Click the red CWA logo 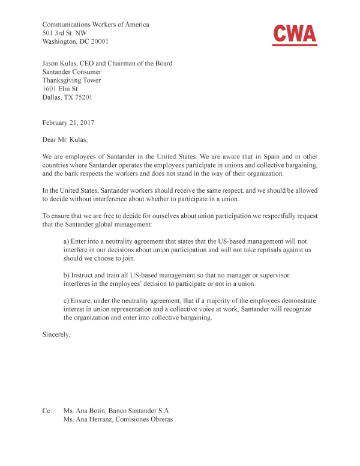point(294,35)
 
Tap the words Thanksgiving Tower point(71,80)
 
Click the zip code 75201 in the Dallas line point(82,97)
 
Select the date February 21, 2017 point(68,123)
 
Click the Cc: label point(47,411)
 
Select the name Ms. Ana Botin point(85,411)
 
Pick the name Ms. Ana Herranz point(88,420)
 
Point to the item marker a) point(67,240)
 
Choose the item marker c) point(67,300)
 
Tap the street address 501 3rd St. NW point(65,34)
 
